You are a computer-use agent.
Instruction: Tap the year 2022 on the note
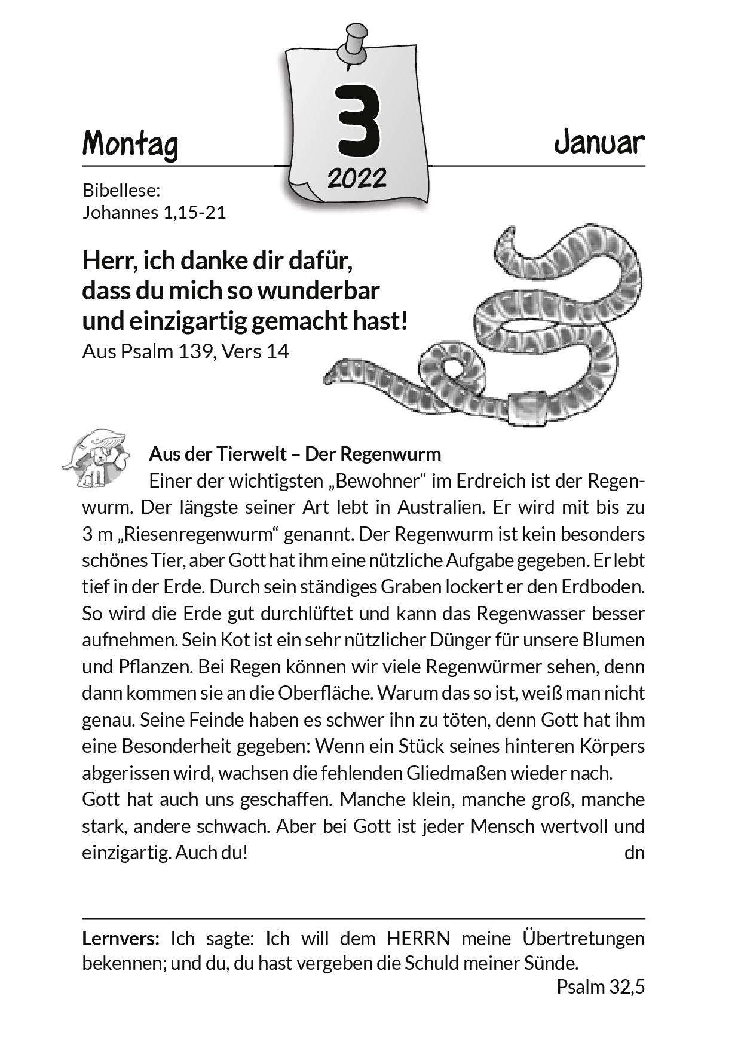coord(357,177)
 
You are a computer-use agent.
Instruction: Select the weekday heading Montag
coord(130,145)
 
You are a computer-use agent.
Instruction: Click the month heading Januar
coord(599,143)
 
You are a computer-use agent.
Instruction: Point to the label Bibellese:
coord(122,191)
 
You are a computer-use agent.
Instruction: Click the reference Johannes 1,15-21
coord(154,212)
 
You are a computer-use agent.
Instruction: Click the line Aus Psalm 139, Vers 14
coord(185,351)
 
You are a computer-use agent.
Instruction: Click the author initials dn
coord(634,853)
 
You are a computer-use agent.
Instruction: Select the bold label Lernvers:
coord(121,939)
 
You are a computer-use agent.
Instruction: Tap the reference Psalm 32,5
coord(601,987)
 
